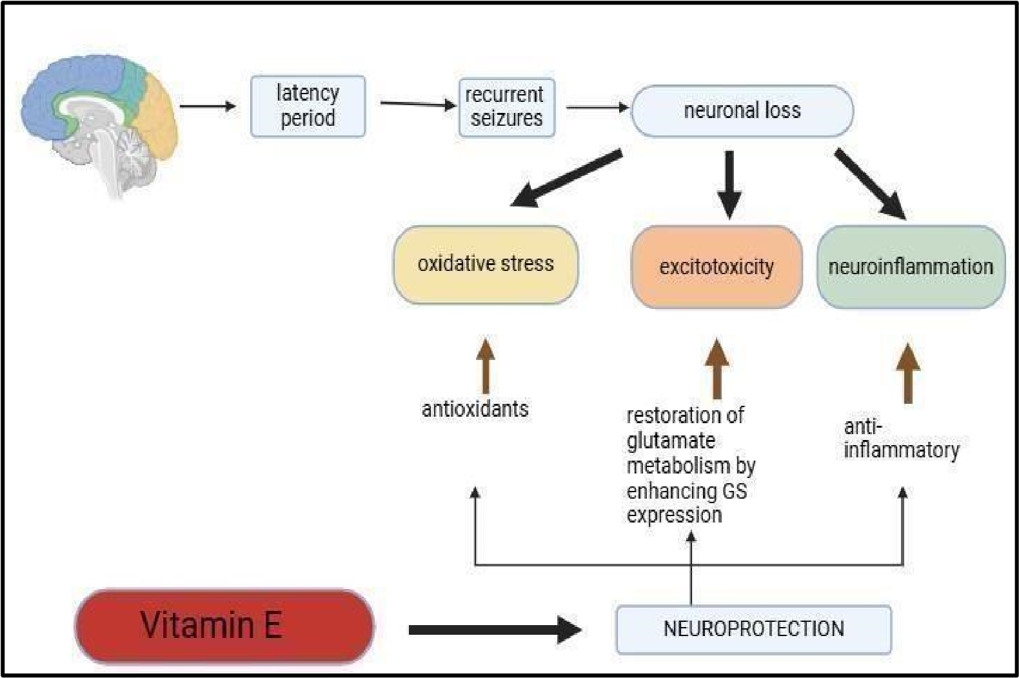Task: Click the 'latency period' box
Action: coord(308,106)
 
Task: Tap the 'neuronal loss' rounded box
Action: coord(742,111)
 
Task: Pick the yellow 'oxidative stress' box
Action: coord(486,264)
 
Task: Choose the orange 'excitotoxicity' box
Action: coord(717,267)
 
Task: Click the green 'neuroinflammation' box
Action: coord(911,267)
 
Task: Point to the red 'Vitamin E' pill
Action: coord(224,626)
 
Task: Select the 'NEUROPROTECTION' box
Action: coord(753,629)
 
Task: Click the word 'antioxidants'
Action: coord(475,409)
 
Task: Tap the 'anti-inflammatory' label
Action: coord(901,439)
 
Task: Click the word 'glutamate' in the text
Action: coord(671,441)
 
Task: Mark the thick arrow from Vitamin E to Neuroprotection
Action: coord(494,630)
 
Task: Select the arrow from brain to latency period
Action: coord(207,106)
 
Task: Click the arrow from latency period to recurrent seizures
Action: coord(417,104)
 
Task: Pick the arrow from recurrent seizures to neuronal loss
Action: coord(597,108)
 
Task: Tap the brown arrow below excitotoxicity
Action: coord(717,369)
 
